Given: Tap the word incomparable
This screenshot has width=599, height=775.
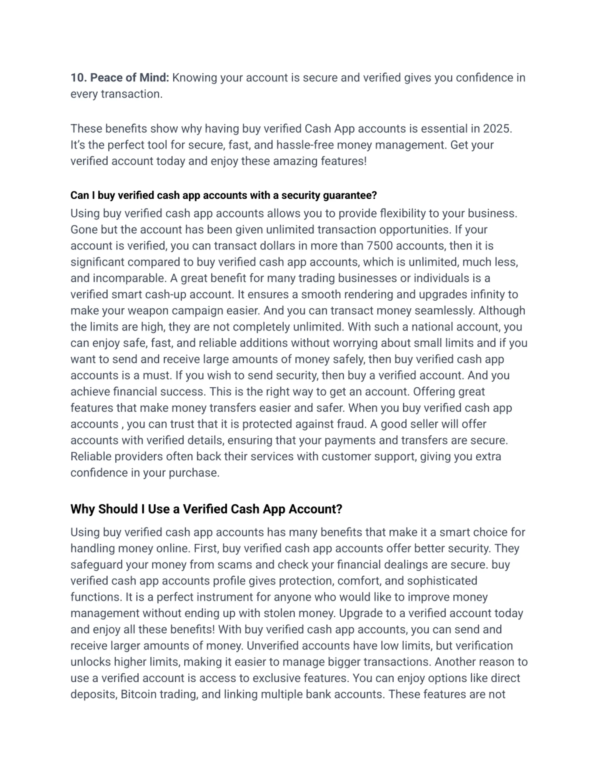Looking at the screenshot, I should click(129, 278).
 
